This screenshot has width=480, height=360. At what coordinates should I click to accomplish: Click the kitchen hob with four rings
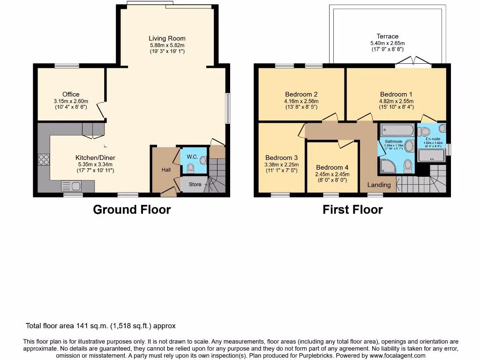coord(44,160)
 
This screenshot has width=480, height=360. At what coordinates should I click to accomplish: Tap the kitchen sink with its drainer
coord(73,187)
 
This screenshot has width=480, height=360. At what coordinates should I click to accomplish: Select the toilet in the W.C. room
coord(203,160)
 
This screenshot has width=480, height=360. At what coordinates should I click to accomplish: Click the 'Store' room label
coord(195,184)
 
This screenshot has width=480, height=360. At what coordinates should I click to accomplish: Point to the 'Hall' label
coord(166,170)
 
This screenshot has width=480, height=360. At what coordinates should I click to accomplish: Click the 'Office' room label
coord(71,94)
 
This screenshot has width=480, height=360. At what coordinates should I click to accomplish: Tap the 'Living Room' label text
coord(167,38)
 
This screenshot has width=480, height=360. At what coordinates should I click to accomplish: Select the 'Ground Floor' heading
coord(132,210)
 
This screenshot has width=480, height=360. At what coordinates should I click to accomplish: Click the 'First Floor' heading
coord(352,210)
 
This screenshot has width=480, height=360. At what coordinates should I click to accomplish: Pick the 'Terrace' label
coord(387,36)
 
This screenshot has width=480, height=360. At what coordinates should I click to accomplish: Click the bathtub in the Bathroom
coord(396,130)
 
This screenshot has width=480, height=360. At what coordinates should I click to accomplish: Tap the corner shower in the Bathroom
coord(387,165)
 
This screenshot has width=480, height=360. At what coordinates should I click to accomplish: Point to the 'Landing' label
coord(379,185)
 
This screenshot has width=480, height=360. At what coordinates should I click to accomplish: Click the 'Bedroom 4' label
coord(332,167)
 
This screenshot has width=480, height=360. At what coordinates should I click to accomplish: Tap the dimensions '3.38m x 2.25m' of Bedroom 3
coord(282,165)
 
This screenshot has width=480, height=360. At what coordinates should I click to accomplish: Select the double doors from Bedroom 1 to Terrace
coord(413,62)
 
